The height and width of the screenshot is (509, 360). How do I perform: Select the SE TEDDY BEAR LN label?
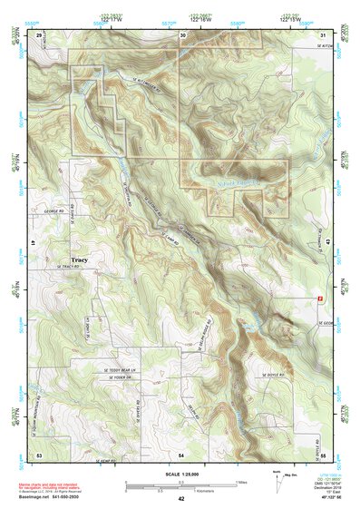[119, 369]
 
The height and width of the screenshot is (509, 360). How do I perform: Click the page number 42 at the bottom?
[181, 499]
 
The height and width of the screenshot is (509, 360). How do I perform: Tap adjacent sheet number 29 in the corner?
[39, 34]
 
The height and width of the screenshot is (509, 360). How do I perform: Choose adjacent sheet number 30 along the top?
[183, 34]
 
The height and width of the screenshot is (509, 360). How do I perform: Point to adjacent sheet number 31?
[324, 34]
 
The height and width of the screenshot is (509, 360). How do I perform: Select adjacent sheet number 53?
[39, 452]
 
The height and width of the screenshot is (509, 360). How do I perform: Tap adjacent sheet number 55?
[324, 452]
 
